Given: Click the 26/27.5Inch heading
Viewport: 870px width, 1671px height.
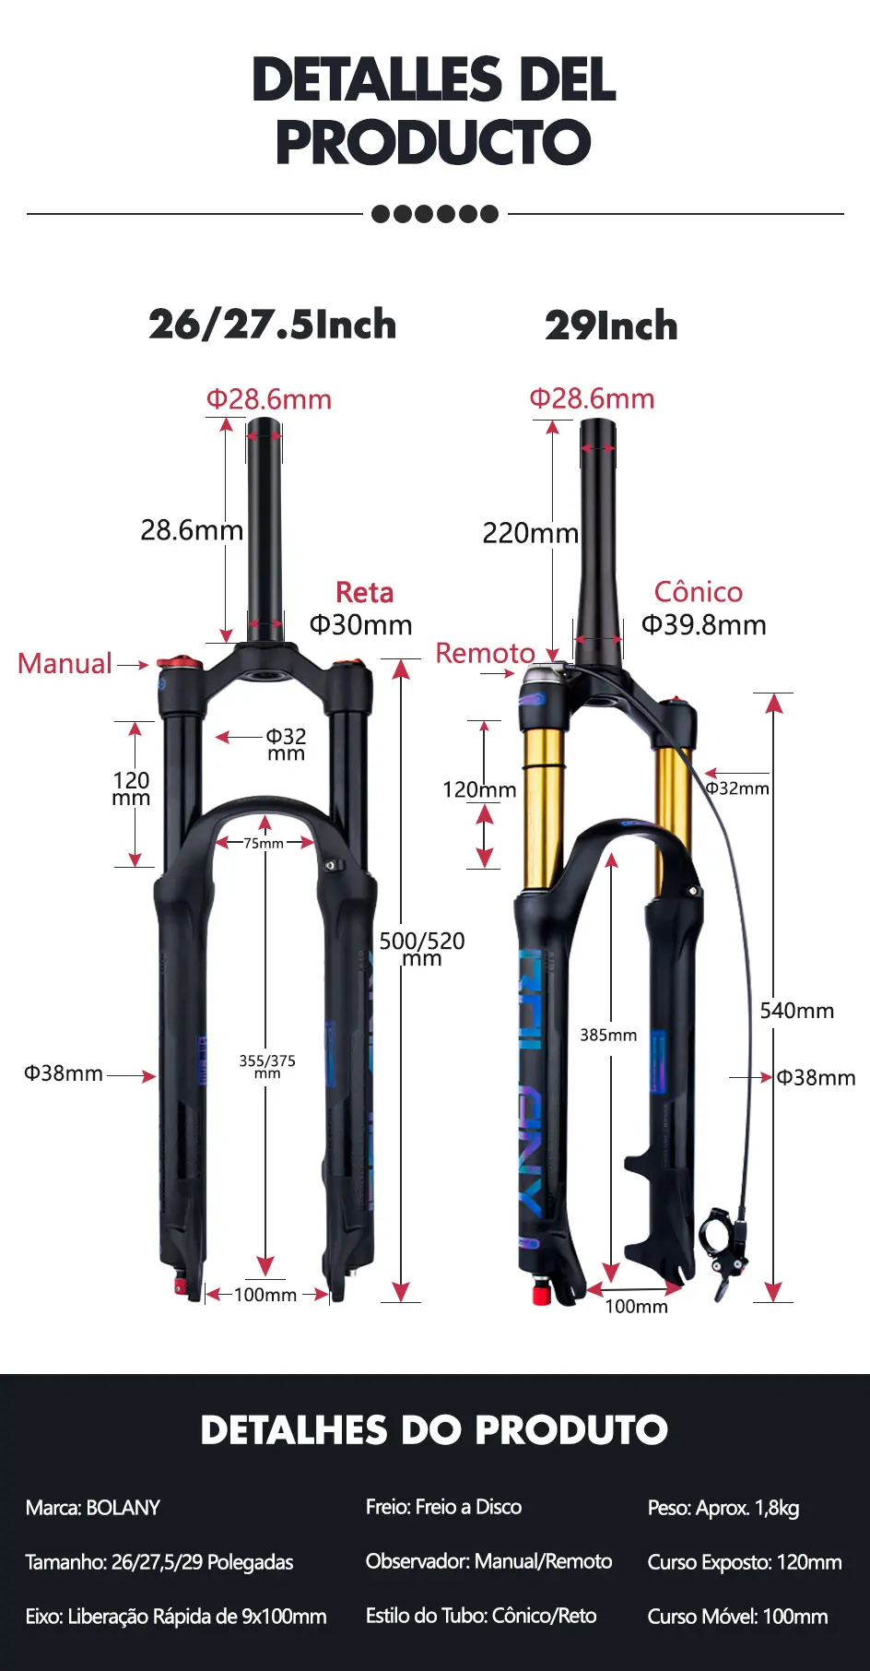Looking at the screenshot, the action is [x=273, y=325].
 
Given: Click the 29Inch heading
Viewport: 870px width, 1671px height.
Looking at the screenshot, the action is [x=611, y=326].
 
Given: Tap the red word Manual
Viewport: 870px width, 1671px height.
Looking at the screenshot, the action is [x=65, y=663].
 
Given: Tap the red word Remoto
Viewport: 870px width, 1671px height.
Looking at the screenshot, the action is [x=485, y=653].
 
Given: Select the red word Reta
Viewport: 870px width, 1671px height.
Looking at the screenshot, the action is [x=364, y=592].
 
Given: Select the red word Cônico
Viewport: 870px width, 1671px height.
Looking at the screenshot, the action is [x=698, y=592].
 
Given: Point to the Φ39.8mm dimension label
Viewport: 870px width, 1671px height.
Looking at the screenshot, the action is [x=704, y=625].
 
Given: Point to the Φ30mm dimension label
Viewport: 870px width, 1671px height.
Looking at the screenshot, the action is [x=360, y=625].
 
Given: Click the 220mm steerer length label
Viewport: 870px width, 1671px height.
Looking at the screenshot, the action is [x=530, y=533].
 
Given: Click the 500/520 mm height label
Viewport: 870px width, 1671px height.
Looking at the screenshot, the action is [x=422, y=948].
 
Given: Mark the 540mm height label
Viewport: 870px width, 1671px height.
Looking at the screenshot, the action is [x=796, y=1011].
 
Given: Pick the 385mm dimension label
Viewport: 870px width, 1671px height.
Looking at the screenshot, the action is [x=608, y=1035].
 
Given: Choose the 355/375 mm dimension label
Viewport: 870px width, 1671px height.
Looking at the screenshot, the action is [x=267, y=1066].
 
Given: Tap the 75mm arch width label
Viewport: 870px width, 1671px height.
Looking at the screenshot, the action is [x=264, y=843].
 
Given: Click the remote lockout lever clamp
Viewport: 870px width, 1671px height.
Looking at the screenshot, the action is [x=719, y=1240].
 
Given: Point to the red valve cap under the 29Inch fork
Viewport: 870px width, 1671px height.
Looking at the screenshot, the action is [x=542, y=1295].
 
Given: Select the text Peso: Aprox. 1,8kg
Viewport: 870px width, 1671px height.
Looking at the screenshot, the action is [x=723, y=1508].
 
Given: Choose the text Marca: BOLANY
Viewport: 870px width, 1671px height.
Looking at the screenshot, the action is [x=93, y=1508].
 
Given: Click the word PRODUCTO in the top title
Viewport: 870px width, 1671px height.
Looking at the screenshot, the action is [x=433, y=143].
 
